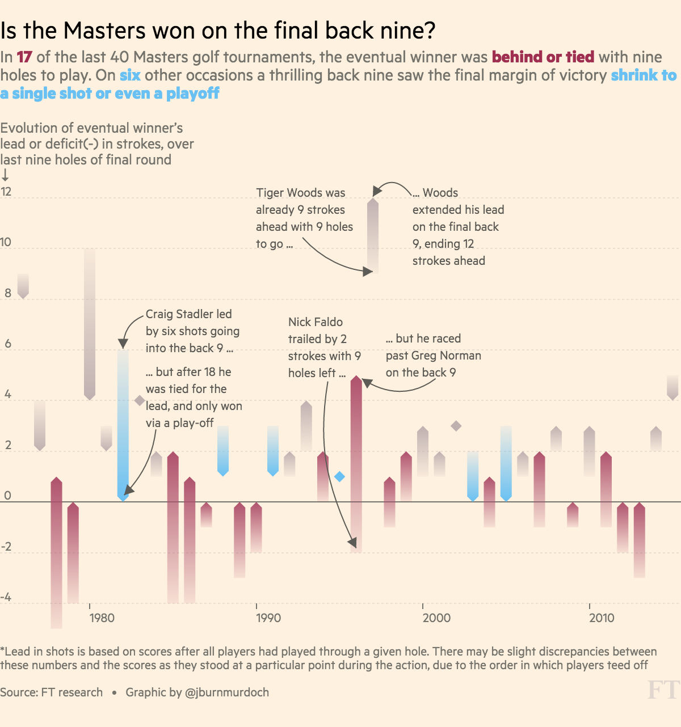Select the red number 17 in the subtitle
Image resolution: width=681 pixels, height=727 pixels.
[24, 57]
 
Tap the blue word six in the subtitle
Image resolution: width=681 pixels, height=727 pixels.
[130, 75]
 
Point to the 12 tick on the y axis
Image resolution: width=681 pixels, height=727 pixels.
[6, 192]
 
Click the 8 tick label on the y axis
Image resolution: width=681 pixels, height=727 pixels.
[7, 293]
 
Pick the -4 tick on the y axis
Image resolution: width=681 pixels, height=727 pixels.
[6, 597]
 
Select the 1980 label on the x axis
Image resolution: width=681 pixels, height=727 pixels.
[102, 618]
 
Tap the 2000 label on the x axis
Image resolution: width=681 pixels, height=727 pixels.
[436, 618]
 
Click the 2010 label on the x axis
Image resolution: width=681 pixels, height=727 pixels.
[602, 618]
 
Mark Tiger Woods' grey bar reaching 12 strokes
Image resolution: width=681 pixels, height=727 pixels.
[373, 235]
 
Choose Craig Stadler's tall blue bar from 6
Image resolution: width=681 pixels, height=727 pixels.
[123, 425]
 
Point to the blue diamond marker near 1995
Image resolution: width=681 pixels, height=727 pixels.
[339, 476]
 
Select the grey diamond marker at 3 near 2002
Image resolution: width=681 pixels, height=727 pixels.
[456, 426]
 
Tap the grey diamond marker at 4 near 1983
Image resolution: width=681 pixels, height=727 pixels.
[140, 400]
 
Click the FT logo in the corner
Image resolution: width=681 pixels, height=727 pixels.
[663, 690]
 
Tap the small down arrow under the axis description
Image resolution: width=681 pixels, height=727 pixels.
[5, 175]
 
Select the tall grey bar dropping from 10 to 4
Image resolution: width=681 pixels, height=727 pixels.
[90, 324]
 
